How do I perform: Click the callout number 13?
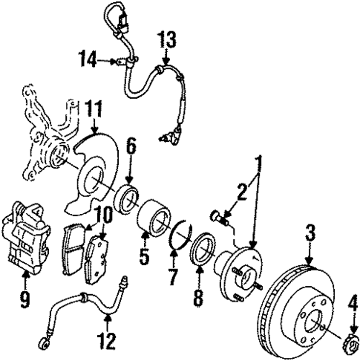pos(167,39)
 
